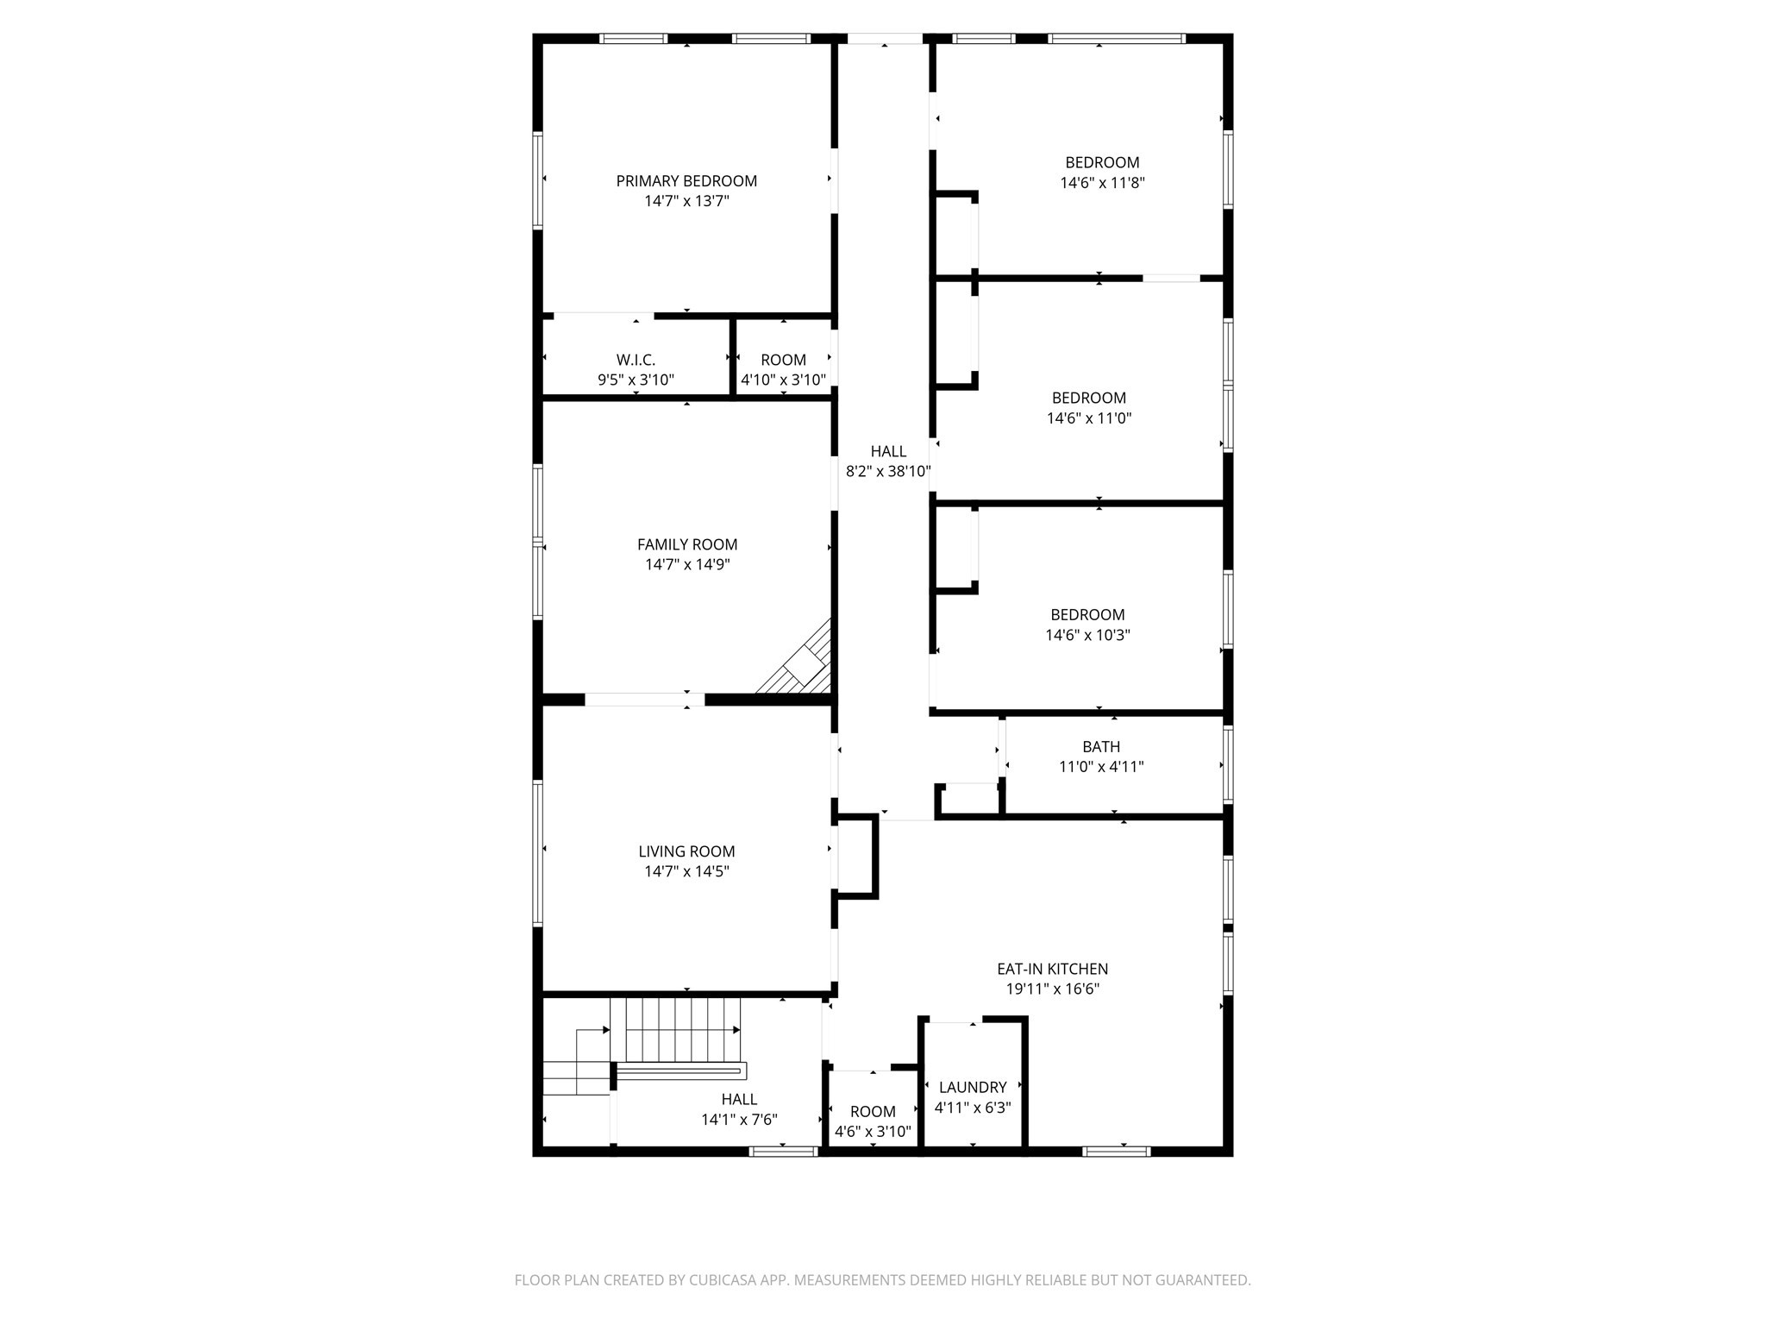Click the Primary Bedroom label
click(686, 181)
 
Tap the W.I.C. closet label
click(636, 360)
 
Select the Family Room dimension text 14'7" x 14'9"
click(687, 565)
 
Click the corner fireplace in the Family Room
click(803, 665)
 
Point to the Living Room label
click(686, 851)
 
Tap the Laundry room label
click(973, 1088)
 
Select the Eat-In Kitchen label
click(1052, 970)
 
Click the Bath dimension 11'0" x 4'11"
click(1101, 767)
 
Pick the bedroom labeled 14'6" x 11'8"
click(1102, 173)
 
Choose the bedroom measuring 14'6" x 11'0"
click(1088, 408)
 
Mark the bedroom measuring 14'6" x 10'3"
click(1087, 625)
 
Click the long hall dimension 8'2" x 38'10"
click(888, 472)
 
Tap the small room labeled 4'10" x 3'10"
click(783, 369)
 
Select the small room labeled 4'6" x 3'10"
click(873, 1121)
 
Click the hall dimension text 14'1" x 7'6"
click(739, 1120)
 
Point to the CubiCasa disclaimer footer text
click(882, 1280)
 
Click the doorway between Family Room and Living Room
click(645, 700)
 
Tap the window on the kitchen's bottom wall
click(1116, 1151)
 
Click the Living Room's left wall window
click(537, 852)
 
